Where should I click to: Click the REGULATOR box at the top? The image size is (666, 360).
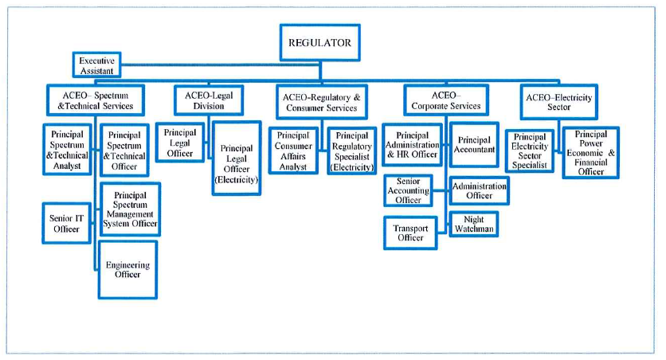pos(319,42)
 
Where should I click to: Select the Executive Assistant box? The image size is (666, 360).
pos(97,65)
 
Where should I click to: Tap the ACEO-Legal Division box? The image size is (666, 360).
pos(209,100)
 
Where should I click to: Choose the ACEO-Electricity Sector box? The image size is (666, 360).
pos(559,102)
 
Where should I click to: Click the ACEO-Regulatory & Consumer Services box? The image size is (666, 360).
pos(322,102)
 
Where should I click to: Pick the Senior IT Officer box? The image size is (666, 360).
pos(67,223)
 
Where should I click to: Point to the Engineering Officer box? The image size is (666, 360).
pos(127,269)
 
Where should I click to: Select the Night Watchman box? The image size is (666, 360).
pos(473,224)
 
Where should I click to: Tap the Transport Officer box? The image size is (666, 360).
pos(410,233)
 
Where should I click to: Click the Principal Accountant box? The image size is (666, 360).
pos(474,145)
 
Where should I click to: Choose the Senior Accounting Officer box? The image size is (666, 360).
pos(408,190)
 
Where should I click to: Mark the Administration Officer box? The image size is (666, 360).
pos(479,190)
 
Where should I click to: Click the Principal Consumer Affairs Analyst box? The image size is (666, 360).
pos(293,151)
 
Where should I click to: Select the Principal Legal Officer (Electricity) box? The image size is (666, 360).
pos(237,158)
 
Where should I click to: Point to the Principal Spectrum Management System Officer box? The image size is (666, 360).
pos(130,209)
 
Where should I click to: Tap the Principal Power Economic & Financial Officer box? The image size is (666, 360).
pos(591,152)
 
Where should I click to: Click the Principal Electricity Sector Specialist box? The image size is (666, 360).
pos(530,151)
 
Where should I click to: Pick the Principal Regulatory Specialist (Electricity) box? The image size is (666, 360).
pos(352,151)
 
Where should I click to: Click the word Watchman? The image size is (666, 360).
pos(474,229)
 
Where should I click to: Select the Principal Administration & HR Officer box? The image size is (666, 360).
pos(412,145)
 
